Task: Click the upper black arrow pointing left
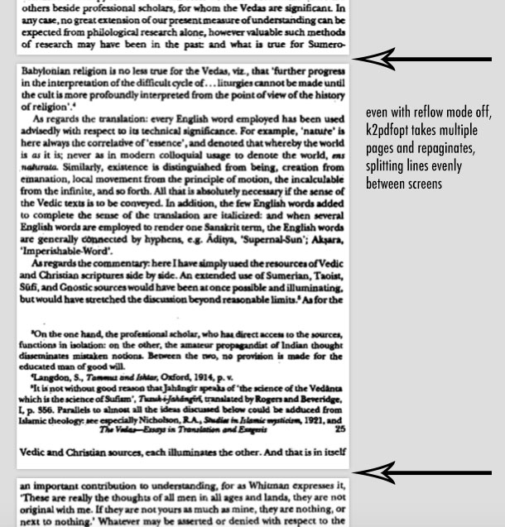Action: point(422,60)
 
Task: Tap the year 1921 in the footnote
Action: point(310,420)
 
